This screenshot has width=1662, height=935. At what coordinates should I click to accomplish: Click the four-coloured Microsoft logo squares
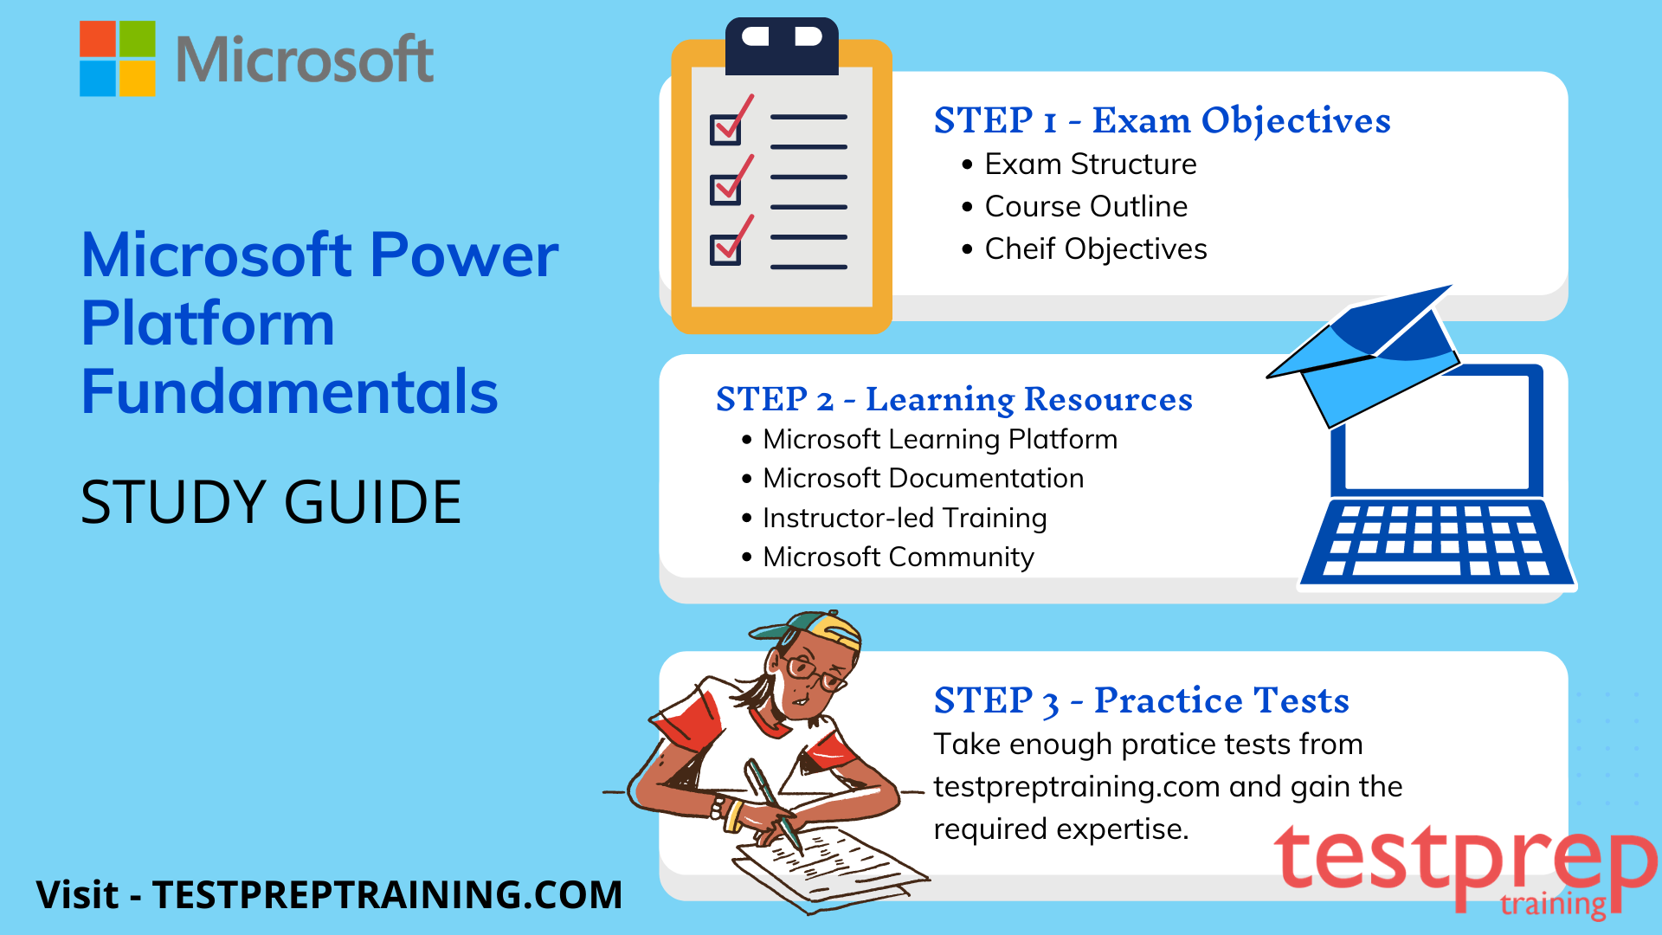(118, 58)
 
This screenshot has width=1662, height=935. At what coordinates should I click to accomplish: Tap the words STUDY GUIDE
(271, 502)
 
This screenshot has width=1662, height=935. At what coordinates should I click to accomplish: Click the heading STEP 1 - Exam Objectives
(1162, 120)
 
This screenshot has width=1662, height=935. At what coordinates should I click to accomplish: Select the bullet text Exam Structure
(1091, 164)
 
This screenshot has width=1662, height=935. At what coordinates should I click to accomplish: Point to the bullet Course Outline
(1086, 206)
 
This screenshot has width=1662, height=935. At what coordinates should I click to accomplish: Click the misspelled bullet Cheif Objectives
(1096, 248)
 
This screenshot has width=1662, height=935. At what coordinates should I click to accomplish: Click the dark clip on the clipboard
(782, 46)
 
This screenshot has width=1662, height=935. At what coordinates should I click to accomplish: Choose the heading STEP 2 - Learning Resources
(954, 399)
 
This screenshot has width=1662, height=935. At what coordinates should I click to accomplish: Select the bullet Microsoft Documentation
(923, 478)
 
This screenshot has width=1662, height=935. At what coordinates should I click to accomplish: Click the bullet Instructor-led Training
(905, 518)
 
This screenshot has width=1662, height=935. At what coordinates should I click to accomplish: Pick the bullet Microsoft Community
(899, 557)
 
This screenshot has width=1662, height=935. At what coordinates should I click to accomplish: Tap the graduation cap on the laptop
(1366, 355)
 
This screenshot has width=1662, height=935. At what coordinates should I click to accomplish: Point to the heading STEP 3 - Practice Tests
(1141, 700)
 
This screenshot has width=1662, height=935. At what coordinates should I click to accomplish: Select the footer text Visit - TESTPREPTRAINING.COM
(329, 894)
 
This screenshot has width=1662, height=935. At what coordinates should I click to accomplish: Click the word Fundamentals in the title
(289, 391)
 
